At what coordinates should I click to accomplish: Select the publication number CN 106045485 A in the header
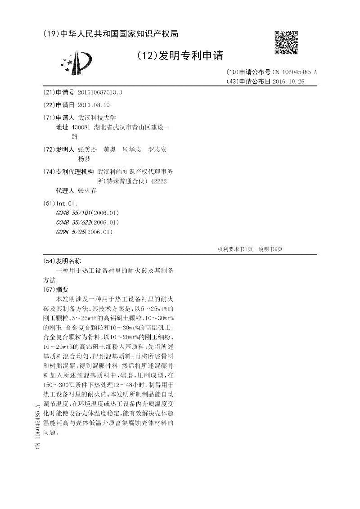tap(295, 72)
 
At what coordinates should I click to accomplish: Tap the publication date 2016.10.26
tap(288, 81)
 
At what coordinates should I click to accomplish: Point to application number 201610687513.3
tap(100, 92)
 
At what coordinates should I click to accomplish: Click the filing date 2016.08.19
tap(94, 105)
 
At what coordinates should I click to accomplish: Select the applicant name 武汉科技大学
tap(97, 117)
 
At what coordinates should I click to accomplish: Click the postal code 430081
tap(81, 127)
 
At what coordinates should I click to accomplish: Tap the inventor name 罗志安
tap(157, 149)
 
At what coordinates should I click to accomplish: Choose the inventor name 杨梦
tap(84, 159)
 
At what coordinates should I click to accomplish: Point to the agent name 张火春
tap(87, 190)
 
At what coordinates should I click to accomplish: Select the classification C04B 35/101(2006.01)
tap(87, 212)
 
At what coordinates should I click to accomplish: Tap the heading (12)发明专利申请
tap(180, 56)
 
